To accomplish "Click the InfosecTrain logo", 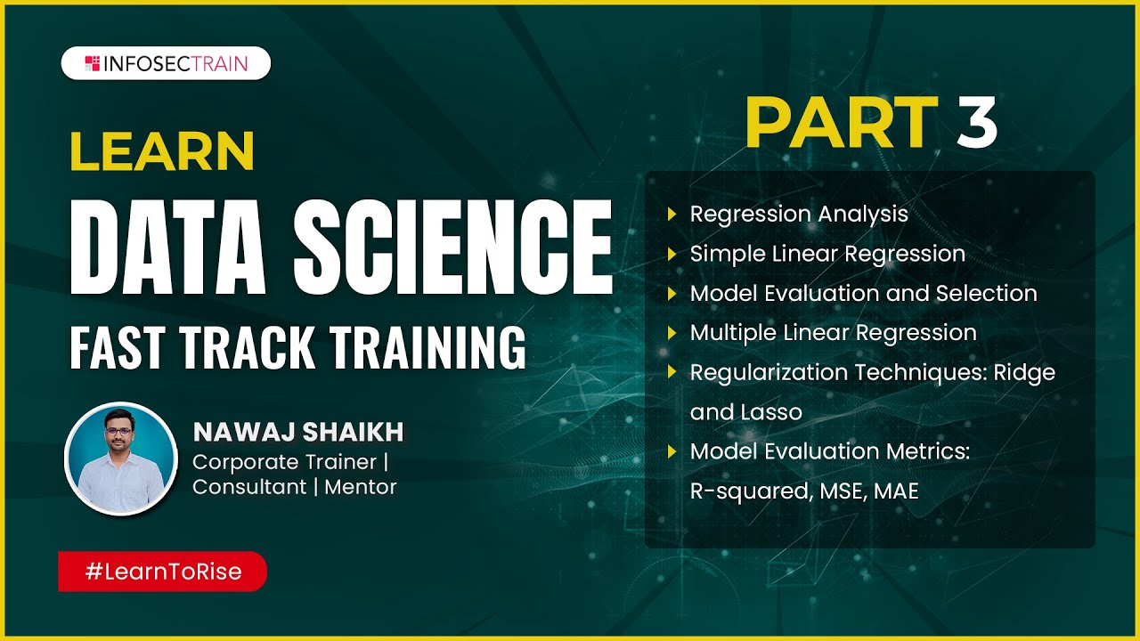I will click(166, 63).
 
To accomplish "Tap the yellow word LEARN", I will click(162, 152).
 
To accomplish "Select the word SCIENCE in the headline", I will click(453, 243).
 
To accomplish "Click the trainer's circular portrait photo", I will click(121, 458).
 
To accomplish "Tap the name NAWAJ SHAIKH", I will click(298, 433).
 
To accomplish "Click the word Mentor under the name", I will click(361, 487).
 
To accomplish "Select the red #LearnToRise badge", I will click(163, 572).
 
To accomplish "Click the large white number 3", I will click(977, 122).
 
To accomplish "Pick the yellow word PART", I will click(842, 122).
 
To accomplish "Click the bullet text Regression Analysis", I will click(799, 214).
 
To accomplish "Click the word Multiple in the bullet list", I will click(734, 333).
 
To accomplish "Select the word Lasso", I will click(771, 412).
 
